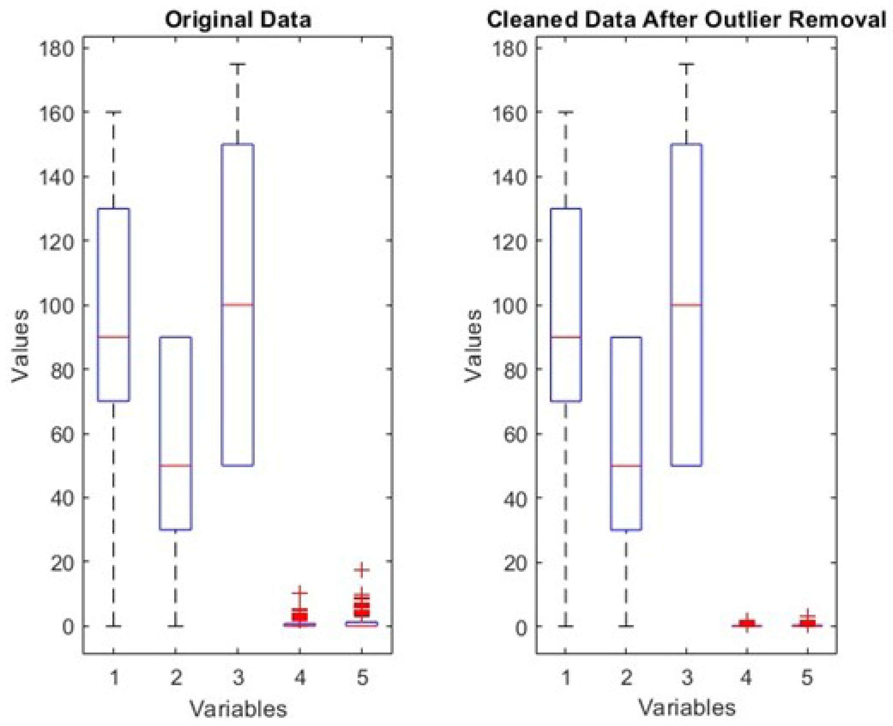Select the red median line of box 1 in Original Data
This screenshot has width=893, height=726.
click(x=113, y=337)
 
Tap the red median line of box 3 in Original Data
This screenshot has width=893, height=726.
click(x=237, y=304)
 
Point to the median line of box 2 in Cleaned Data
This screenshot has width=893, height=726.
click(x=625, y=466)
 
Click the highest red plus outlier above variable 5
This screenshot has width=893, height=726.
click(x=362, y=569)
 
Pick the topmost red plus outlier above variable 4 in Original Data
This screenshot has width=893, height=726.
click(x=300, y=593)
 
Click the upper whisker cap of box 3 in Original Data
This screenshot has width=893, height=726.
click(x=237, y=64)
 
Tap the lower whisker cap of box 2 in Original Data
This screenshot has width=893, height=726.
click(x=176, y=626)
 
